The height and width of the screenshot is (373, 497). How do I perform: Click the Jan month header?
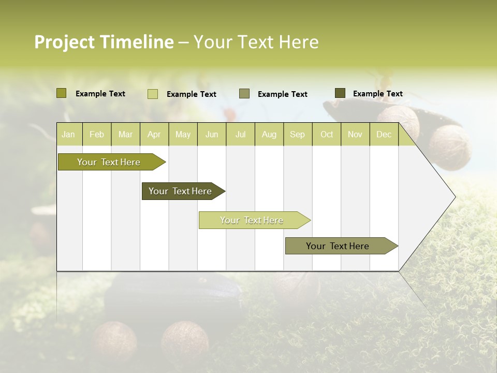click(x=68, y=135)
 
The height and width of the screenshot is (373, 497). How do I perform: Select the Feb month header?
click(x=97, y=135)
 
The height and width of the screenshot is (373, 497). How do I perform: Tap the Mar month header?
click(x=125, y=135)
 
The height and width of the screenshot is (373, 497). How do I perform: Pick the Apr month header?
click(x=154, y=135)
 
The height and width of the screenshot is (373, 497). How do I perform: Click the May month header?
click(x=183, y=135)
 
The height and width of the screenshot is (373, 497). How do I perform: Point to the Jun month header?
click(x=212, y=135)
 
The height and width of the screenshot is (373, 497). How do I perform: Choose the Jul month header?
click(x=240, y=135)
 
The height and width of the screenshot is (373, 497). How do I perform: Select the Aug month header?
click(x=269, y=135)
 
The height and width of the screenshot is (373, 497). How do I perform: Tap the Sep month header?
click(x=298, y=135)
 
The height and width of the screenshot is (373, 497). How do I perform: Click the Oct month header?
click(x=327, y=135)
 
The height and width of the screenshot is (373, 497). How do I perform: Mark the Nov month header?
click(x=355, y=135)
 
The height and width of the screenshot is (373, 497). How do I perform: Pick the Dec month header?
click(x=384, y=135)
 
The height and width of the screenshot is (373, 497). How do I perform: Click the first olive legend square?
click(x=62, y=93)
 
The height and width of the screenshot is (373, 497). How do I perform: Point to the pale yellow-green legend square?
click(x=153, y=94)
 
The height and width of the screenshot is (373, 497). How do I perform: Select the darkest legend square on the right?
click(x=340, y=93)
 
